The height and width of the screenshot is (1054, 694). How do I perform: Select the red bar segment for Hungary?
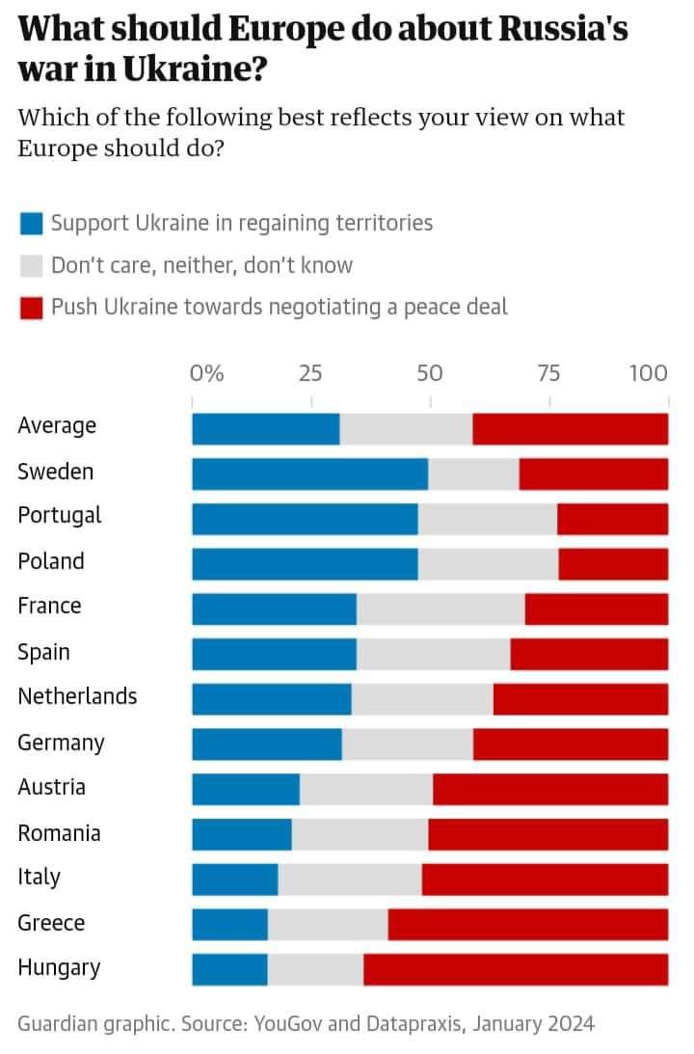pos(515,969)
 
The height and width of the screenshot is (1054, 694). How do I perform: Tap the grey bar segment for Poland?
pos(488,564)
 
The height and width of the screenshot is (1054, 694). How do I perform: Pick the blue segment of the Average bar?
pos(265,429)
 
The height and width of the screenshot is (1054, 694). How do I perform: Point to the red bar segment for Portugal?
pos(612,519)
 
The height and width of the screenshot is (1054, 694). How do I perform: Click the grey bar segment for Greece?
pos(328,924)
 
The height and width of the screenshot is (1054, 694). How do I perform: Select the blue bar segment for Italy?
pos(234,879)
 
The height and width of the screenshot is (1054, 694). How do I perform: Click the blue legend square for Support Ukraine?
pos(32,225)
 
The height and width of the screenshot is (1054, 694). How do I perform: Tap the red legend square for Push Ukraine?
pos(32,308)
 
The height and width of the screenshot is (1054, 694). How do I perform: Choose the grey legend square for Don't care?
pos(32,266)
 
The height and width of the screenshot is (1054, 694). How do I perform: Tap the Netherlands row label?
pos(77,696)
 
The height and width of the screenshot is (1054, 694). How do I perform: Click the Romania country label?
pos(59,833)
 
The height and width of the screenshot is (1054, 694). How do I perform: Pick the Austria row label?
pos(51,787)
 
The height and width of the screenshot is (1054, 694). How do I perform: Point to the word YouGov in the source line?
pos(288,1023)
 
